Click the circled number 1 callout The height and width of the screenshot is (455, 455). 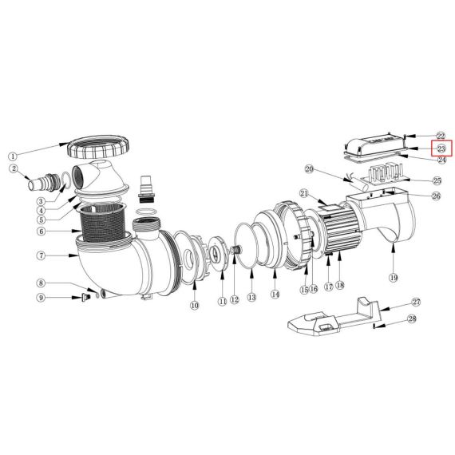(x=13, y=156)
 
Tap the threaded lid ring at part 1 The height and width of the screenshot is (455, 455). (x=98, y=147)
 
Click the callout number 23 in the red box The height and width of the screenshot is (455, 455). (x=441, y=148)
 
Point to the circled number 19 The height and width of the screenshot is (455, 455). (x=394, y=278)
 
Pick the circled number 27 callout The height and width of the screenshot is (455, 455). (x=417, y=302)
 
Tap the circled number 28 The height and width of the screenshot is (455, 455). (x=412, y=318)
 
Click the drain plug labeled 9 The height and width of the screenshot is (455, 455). (x=85, y=298)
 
